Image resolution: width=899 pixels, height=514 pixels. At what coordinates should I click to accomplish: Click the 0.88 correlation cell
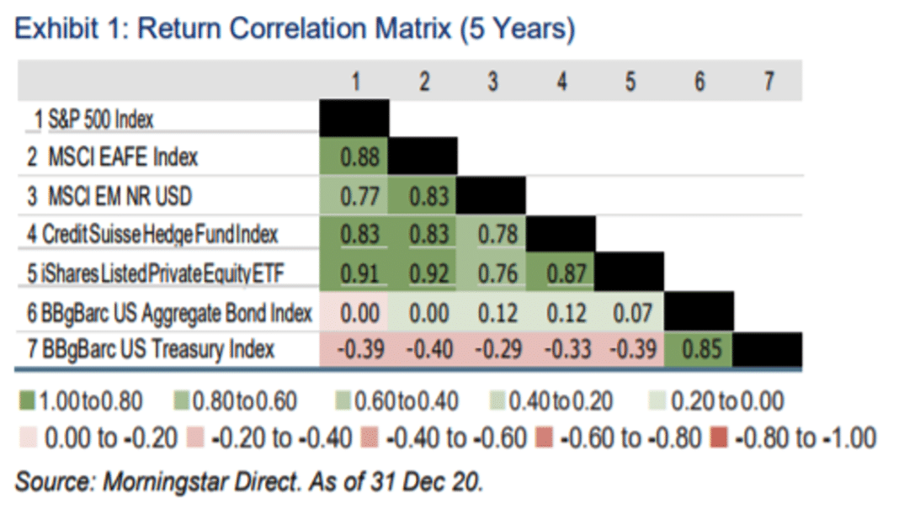(x=354, y=157)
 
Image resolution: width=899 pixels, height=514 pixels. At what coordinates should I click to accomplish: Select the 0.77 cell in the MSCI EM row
(x=354, y=196)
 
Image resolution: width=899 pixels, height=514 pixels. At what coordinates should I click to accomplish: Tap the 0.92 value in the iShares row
(x=423, y=273)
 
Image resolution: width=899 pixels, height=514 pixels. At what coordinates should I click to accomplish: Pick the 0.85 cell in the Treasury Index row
(x=698, y=350)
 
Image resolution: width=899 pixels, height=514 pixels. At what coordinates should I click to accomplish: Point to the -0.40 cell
(x=423, y=350)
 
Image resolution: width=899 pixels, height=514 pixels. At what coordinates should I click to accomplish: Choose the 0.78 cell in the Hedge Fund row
(x=492, y=235)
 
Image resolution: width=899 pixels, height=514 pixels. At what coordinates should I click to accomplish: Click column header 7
(x=768, y=82)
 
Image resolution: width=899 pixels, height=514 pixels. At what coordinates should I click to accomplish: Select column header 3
(x=492, y=82)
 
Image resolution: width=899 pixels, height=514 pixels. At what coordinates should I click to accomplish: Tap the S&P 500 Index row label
(x=94, y=119)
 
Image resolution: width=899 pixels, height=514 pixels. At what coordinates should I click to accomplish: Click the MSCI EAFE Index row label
(x=114, y=157)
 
